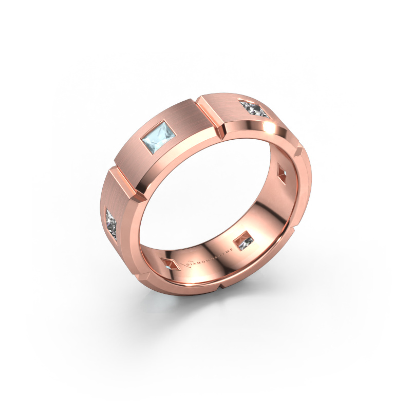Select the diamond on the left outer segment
pyautogui.click(x=114, y=222)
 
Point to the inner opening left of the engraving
pyautogui.click(x=170, y=264)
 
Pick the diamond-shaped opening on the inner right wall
pyautogui.click(x=282, y=171)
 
